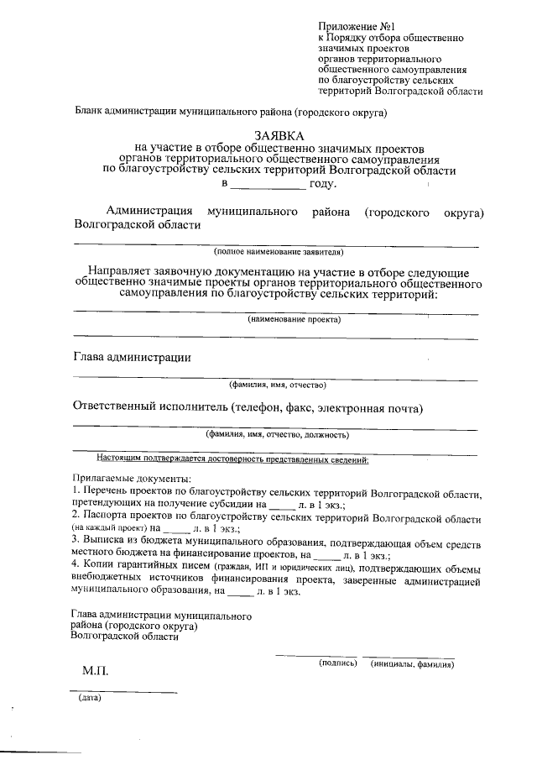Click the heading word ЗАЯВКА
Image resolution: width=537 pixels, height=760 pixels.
[279, 135]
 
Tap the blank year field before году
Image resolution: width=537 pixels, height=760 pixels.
[267, 183]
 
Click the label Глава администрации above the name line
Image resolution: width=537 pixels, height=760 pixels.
[133, 357]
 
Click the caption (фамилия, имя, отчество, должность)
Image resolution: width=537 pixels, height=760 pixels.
[278, 434]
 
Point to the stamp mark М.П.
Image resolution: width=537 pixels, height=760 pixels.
[95, 673]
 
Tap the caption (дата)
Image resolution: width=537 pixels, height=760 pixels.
[89, 698]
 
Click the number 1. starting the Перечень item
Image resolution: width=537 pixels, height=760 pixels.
[76, 490]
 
